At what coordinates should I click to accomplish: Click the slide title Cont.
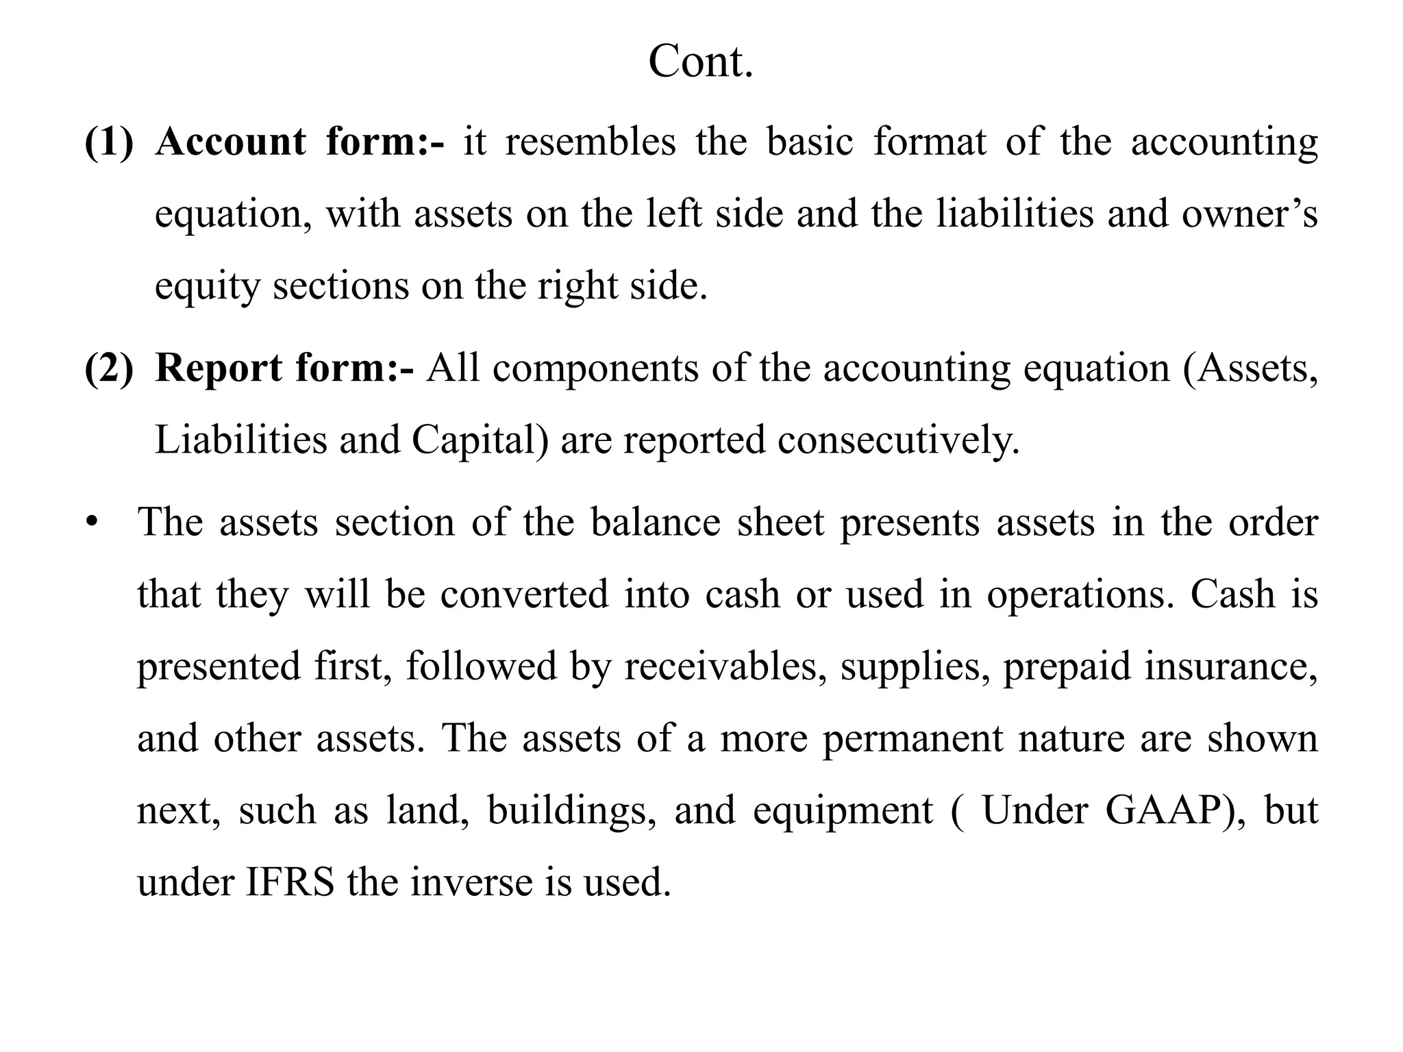tap(700, 62)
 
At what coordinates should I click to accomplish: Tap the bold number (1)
tap(109, 142)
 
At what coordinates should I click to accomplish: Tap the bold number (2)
tap(109, 368)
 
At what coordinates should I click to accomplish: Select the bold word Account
tap(231, 142)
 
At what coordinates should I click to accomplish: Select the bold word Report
tap(219, 368)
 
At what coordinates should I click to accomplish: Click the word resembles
tap(590, 142)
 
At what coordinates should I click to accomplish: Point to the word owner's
tap(1249, 214)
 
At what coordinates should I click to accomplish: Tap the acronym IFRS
tap(290, 882)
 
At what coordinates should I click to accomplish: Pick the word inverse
tap(471, 882)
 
